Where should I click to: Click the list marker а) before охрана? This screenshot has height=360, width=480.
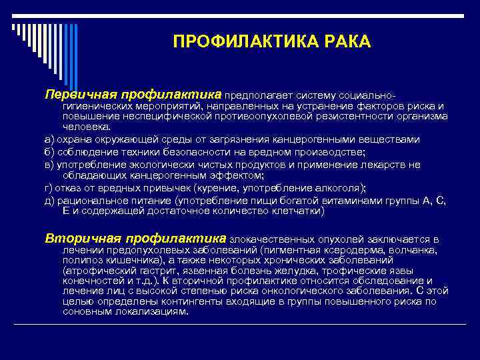pyautogui.click(x=49, y=139)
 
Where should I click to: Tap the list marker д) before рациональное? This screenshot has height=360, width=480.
pyautogui.click(x=49, y=200)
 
